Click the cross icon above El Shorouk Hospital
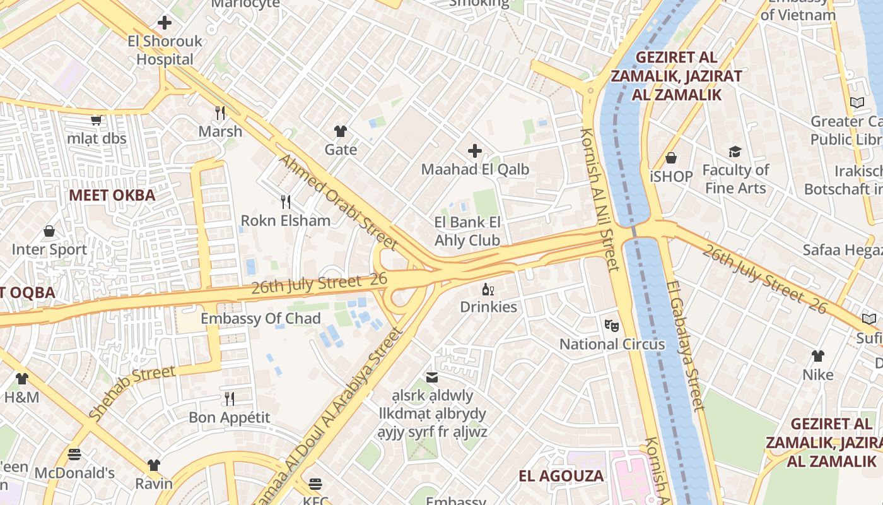[x=165, y=23]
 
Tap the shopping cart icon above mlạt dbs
[x=96, y=120]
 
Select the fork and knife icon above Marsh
[x=220, y=113]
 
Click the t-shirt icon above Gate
[x=341, y=131]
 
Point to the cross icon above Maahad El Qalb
[x=475, y=151]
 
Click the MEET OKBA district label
[x=112, y=195]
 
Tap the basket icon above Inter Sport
[x=49, y=232]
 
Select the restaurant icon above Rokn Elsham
[x=286, y=202]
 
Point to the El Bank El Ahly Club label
[x=467, y=231]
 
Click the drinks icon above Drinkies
[x=488, y=290]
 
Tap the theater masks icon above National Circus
[x=611, y=326]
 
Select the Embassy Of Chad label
[x=260, y=319]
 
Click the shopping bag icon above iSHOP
[x=671, y=158]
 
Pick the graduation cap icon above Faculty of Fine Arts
[x=735, y=151]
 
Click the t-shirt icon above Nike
[x=818, y=356]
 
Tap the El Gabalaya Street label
[x=684, y=345]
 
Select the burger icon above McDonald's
[x=74, y=454]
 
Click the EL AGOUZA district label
[x=561, y=476]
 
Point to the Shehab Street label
[x=132, y=392]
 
